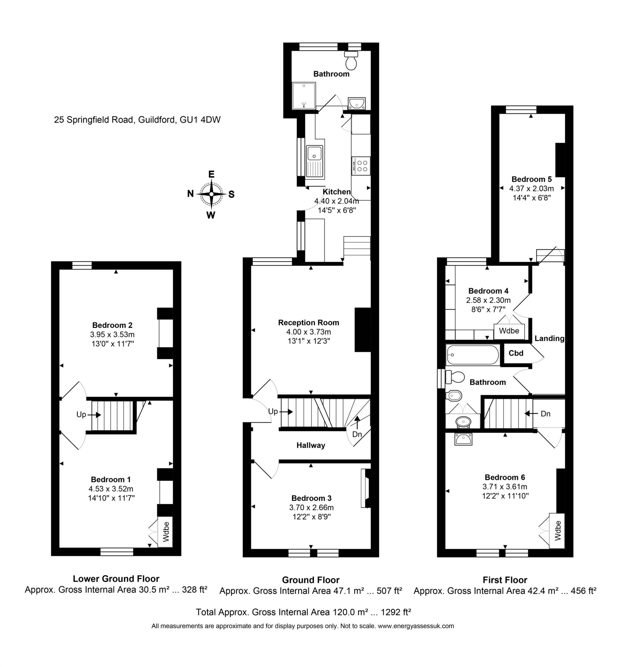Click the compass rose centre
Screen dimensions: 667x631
point(211,194)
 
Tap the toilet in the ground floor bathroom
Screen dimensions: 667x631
point(351,61)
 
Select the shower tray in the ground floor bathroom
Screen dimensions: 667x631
point(304,95)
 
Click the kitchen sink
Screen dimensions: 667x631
point(315,161)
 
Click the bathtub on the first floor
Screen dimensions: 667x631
point(473,355)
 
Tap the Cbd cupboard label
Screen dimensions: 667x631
point(516,353)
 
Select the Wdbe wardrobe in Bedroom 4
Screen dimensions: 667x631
point(509,331)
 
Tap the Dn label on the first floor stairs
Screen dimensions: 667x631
point(546,414)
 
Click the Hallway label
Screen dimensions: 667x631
point(310,445)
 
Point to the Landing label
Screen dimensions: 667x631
point(549,338)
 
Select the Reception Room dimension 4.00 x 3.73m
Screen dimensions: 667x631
point(308,332)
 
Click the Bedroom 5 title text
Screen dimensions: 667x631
point(531,179)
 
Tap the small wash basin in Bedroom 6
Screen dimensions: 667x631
point(463,439)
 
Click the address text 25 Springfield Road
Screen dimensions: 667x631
point(137,120)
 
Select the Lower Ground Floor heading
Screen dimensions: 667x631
point(116,579)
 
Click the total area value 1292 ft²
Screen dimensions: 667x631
point(396,612)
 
